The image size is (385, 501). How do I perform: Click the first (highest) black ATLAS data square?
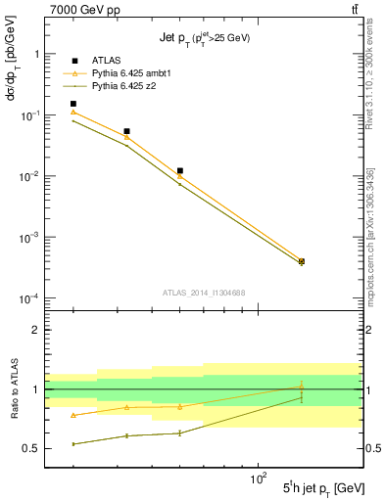coord(72,104)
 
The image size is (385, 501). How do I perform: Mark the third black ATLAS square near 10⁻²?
coord(179,171)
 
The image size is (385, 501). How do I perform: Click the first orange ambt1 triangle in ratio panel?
coord(72,415)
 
